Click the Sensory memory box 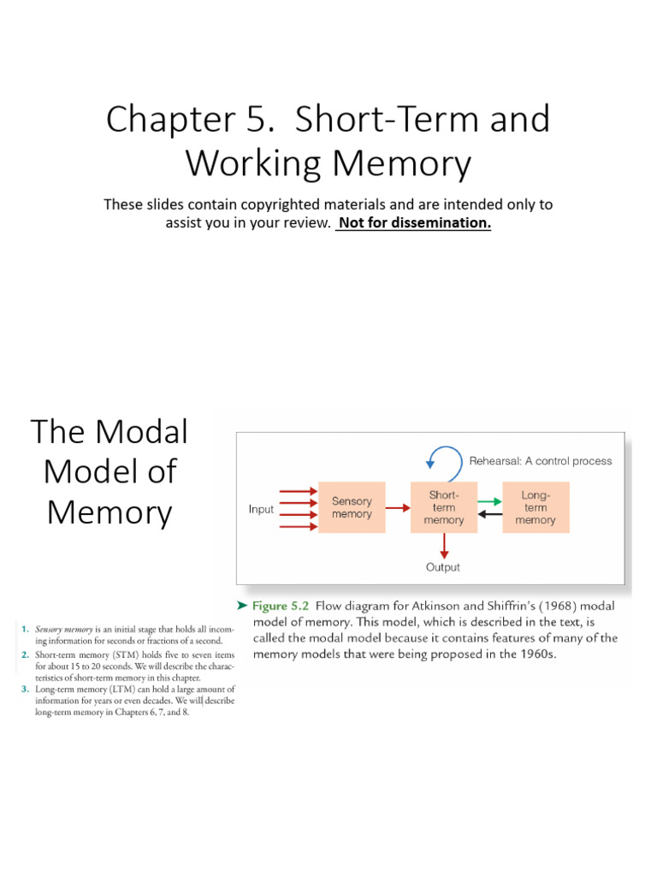tap(352, 508)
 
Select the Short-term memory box tap(443, 508)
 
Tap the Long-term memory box tap(536, 508)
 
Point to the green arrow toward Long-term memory tap(488, 502)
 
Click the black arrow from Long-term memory tap(488, 514)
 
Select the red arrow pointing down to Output tap(443, 546)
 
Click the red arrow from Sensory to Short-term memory tap(397, 508)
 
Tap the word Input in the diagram tap(261, 509)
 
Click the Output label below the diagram tap(443, 567)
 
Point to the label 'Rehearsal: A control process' tap(541, 461)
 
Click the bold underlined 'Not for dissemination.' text tap(414, 224)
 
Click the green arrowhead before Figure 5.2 tap(242, 606)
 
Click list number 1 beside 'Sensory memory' tap(25, 630)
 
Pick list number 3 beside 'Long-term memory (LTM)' tap(25, 689)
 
